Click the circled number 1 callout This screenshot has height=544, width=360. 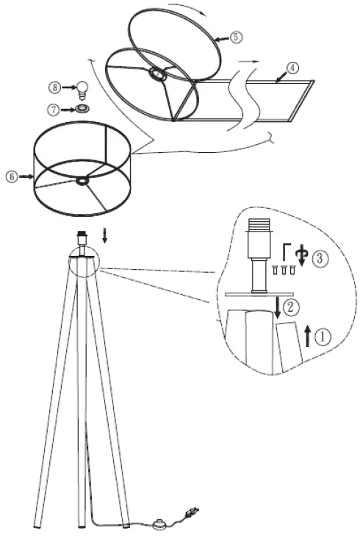coord(323,336)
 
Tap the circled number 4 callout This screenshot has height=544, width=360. coord(292,68)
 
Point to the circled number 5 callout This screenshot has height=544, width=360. coord(234,36)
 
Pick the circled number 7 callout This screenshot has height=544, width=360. coord(54,110)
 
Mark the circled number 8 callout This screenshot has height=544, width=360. coord(54,87)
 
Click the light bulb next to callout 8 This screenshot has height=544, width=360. coord(84,89)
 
